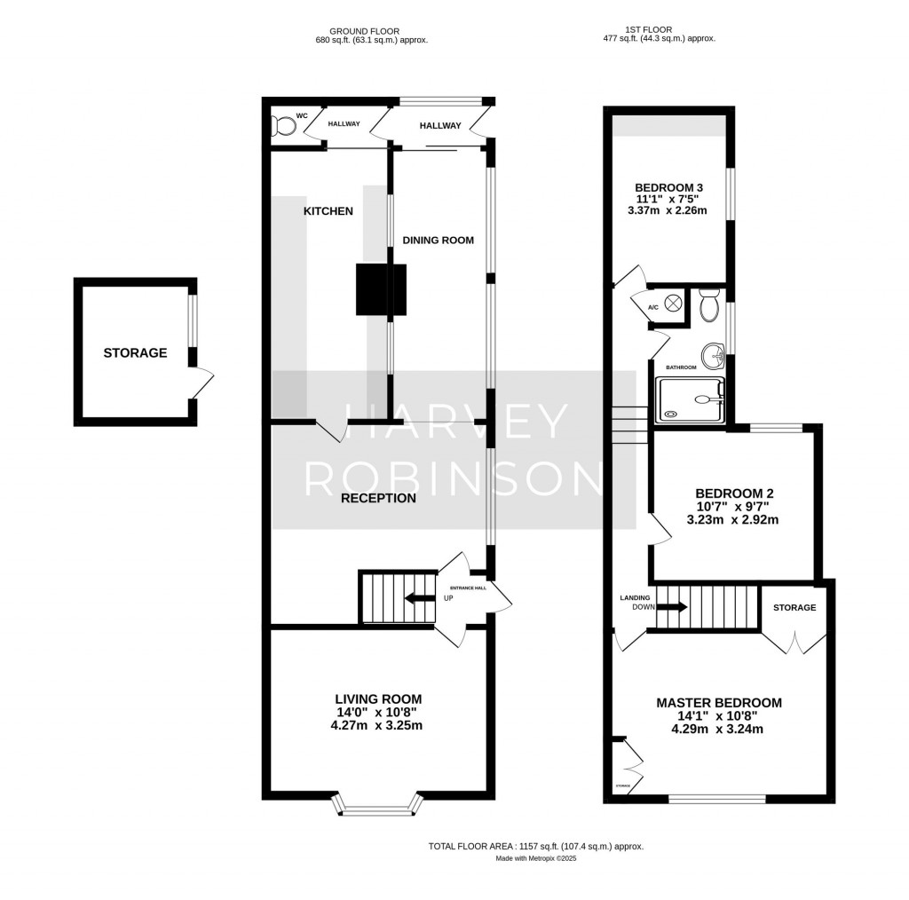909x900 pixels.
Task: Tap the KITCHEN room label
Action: (328, 211)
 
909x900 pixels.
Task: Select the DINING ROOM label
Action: (438, 240)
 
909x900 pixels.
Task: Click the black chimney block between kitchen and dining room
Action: (381, 289)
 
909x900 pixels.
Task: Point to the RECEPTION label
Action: (379, 498)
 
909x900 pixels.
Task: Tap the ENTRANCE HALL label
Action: (469, 588)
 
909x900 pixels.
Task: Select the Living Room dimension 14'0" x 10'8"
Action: (378, 712)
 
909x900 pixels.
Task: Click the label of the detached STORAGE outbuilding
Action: (135, 352)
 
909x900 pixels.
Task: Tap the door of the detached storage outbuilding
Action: (203, 383)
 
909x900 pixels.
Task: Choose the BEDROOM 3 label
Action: (668, 187)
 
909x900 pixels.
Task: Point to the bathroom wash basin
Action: (713, 357)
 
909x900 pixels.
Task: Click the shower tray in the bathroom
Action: (690, 399)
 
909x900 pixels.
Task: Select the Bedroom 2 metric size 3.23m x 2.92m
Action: (732, 520)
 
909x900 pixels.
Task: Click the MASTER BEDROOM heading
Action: (719, 703)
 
